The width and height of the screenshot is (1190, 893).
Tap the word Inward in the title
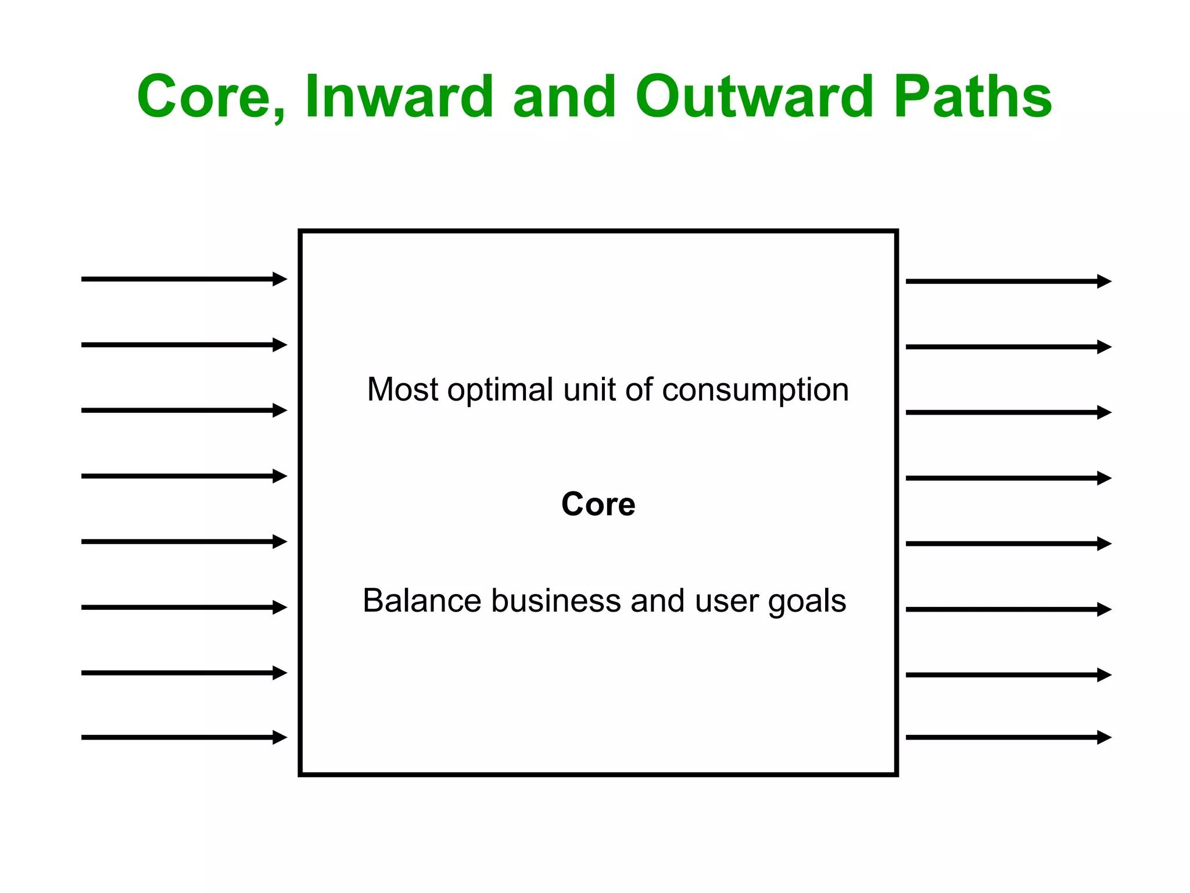click(399, 97)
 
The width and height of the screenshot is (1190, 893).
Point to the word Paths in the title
click(973, 97)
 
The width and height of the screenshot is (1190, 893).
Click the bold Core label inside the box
click(598, 504)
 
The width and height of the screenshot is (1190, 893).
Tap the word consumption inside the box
click(755, 390)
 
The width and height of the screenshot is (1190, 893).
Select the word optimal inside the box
click(500, 390)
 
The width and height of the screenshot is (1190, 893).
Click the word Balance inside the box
click(422, 601)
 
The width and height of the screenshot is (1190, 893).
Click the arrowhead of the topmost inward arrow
click(280, 279)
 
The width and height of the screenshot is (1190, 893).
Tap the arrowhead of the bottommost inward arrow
click(280, 737)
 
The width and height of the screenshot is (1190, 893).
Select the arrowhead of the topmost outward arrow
click(1104, 281)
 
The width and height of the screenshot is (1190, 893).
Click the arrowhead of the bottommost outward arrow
click(1104, 737)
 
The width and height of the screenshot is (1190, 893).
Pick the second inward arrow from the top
click(183, 345)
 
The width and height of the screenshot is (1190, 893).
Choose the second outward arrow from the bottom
click(1008, 675)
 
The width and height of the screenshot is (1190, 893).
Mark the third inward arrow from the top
click(183, 410)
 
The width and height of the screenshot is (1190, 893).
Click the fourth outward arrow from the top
click(1008, 478)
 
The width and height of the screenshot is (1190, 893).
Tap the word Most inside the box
click(402, 390)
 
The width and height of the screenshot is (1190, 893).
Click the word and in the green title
click(564, 97)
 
